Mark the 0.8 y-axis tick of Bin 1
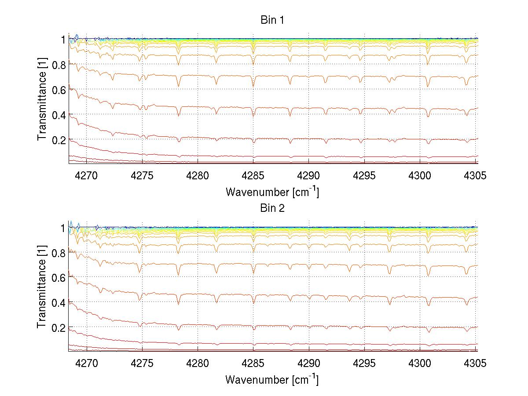(59, 65)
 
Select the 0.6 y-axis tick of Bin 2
(59, 278)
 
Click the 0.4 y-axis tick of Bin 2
(59, 303)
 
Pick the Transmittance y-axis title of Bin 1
(42, 101)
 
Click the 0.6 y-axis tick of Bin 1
(59, 90)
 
